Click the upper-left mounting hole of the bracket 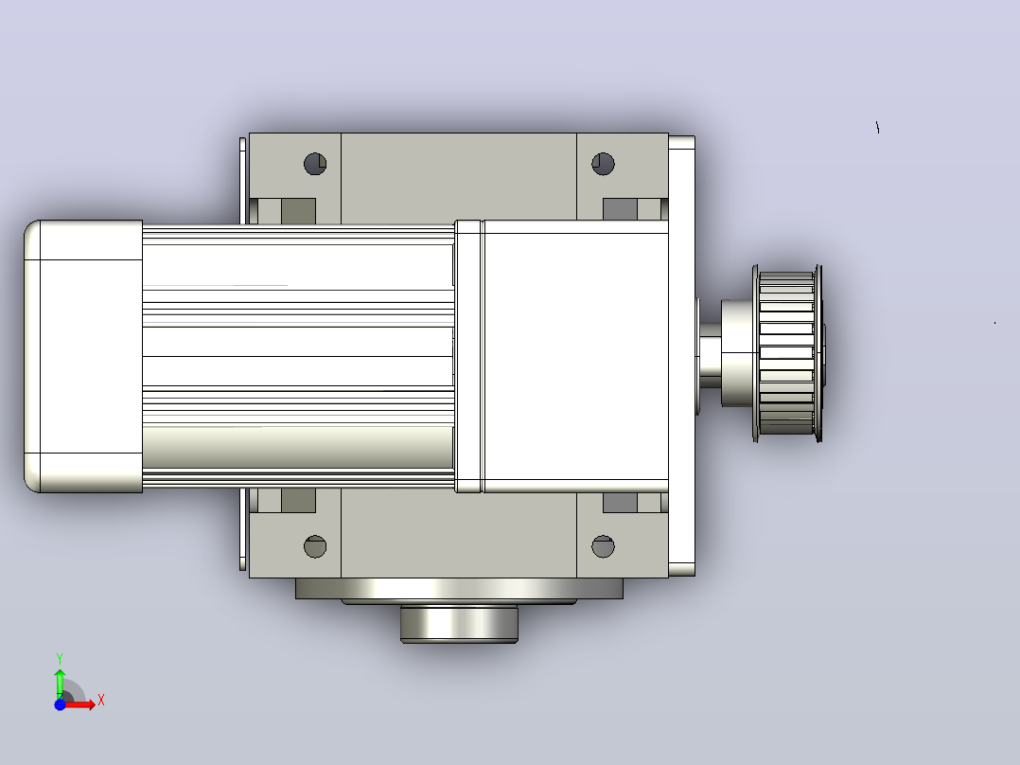[x=315, y=164]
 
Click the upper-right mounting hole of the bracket [x=603, y=164]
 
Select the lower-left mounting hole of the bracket [x=315, y=546]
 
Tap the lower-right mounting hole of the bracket [x=603, y=546]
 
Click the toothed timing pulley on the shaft [x=787, y=353]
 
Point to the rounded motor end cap [x=83, y=356]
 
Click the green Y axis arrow [x=60, y=684]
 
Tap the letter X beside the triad [x=101, y=701]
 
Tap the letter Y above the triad [x=60, y=659]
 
